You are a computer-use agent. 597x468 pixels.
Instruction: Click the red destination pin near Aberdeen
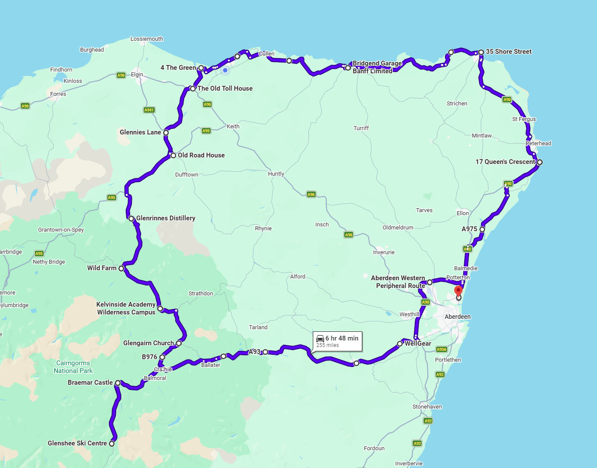(458, 291)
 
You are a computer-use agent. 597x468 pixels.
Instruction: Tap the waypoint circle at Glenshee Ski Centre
(112, 443)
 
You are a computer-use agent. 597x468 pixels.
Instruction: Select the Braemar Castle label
(90, 383)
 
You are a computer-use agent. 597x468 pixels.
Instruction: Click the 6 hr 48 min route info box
(338, 341)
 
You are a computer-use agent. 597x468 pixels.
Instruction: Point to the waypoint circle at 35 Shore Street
(481, 52)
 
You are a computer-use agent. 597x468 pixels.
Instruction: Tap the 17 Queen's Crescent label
(505, 162)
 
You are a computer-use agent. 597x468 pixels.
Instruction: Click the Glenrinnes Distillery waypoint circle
(131, 219)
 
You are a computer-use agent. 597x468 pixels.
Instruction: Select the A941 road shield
(149, 110)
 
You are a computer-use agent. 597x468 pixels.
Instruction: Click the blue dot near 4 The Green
(225, 70)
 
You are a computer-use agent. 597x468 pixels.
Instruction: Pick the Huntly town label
(276, 174)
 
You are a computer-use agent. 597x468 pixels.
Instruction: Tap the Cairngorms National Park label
(73, 367)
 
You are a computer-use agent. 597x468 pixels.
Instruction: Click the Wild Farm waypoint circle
(121, 268)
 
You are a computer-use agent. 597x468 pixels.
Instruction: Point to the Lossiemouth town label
(147, 39)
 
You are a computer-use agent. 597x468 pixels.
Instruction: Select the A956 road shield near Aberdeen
(441, 350)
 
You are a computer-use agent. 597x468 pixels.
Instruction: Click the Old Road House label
(201, 155)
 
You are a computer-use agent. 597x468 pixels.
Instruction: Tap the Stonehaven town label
(427, 407)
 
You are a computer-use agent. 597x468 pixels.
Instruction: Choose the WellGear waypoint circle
(400, 344)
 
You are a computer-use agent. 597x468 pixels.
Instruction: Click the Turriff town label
(361, 128)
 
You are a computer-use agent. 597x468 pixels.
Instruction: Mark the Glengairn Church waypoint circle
(179, 343)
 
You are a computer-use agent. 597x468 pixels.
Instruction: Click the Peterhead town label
(538, 144)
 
